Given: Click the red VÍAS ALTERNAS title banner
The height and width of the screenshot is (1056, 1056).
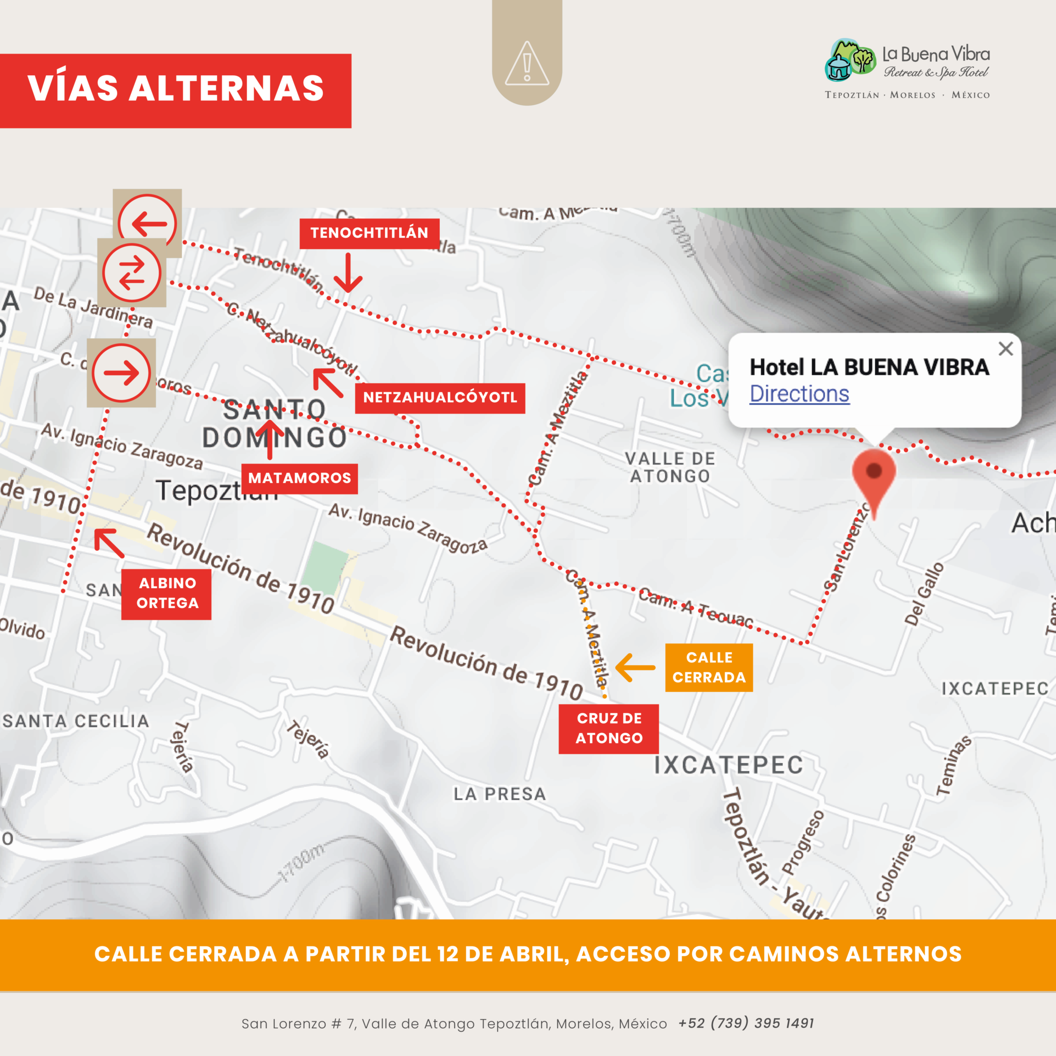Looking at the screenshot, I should (175, 91).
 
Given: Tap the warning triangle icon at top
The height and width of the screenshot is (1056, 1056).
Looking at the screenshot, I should (527, 64).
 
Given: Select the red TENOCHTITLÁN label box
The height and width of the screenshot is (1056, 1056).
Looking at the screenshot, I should (370, 234).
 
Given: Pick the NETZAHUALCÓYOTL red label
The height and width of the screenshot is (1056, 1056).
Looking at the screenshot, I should (440, 398).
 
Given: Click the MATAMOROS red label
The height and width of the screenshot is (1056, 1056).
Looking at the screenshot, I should (300, 479).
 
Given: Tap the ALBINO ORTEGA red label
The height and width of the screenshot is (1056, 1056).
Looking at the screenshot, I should (167, 593).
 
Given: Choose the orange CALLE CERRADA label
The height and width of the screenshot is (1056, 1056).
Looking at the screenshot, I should (709, 667).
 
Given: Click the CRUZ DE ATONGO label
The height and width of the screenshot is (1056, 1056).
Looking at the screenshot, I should (609, 729).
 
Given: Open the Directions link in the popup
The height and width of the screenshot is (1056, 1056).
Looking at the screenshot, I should (799, 394).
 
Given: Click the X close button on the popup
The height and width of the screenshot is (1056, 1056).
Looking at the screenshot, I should (1005, 349).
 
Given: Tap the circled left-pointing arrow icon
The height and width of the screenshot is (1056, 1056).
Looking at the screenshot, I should (147, 222).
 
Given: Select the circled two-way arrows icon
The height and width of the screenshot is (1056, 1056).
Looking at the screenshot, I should (131, 273).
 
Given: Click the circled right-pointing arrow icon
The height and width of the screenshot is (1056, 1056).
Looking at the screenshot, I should (121, 373).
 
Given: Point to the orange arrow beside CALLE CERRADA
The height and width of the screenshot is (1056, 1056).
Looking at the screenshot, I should (635, 667).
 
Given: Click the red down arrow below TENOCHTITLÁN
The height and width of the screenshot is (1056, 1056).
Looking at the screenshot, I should (348, 273).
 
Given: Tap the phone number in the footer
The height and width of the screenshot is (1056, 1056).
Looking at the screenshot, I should (746, 1023).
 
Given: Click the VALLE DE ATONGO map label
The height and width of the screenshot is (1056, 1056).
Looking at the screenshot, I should (670, 467).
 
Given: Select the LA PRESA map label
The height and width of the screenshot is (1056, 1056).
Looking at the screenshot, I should (500, 794).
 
